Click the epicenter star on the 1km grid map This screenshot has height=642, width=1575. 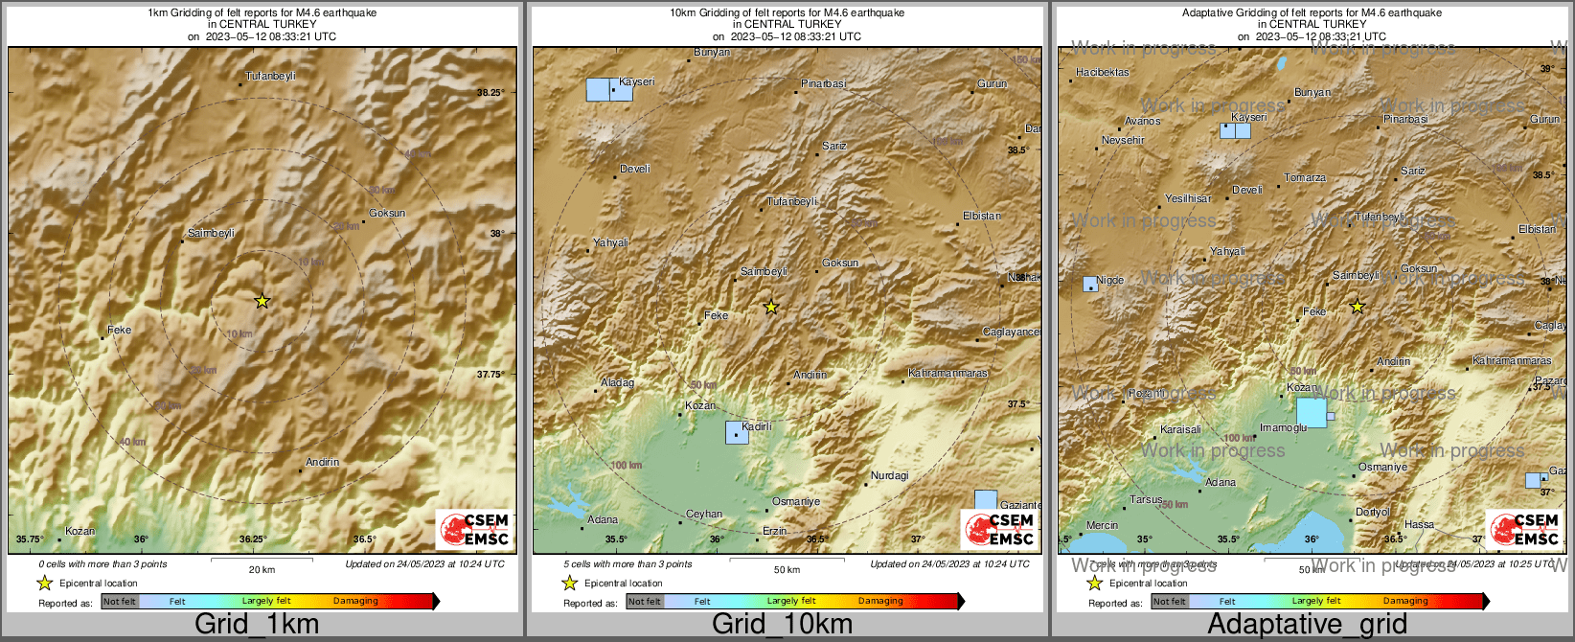point(262,301)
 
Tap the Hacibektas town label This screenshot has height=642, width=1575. point(1102,72)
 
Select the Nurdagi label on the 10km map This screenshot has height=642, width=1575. point(889,476)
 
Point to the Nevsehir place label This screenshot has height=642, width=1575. point(1123,140)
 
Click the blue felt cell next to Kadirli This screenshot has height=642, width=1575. point(737,433)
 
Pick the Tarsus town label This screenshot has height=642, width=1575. point(1146,499)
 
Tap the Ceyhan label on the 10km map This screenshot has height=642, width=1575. point(704,515)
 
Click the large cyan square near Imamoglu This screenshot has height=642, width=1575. point(1311,412)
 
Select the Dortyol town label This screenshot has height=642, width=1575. point(1372,513)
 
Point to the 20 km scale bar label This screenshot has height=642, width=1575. point(262,569)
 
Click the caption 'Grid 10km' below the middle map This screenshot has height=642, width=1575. point(782,624)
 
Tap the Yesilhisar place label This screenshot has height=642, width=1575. point(1188,198)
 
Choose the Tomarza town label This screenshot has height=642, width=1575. point(1305,178)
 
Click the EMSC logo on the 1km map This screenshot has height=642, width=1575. point(473,529)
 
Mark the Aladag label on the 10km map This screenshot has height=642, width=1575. point(617,382)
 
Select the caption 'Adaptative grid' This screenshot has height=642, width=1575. point(1307,624)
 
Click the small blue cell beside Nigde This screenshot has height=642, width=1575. point(1090,284)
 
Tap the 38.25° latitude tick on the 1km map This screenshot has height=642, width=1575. point(490,93)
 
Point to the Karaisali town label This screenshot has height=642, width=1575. point(1179,430)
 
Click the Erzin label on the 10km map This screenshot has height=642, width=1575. point(774,531)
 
